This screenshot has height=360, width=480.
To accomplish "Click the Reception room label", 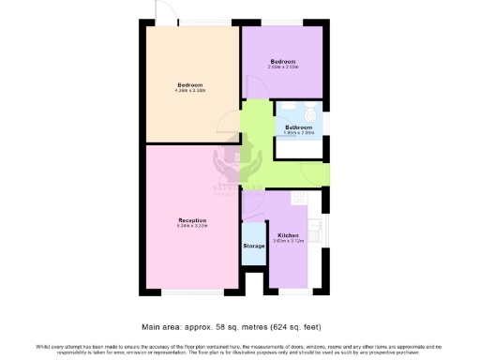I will click(x=191, y=220).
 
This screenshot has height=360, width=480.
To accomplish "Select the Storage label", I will click(x=254, y=246).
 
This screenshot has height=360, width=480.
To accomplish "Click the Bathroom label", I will click(x=298, y=127).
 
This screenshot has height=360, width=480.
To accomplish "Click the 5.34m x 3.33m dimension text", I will click(x=191, y=226).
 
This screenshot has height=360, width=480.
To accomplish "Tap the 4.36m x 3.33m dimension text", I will click(x=190, y=91).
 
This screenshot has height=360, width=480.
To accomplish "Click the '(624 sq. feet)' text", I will click(x=305, y=328).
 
